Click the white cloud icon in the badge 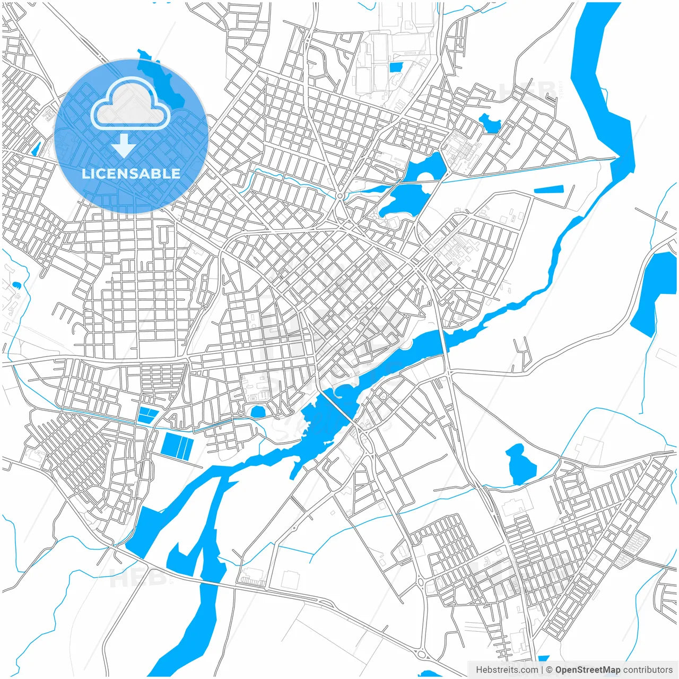[x=130, y=104]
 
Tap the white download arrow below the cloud [x=124, y=145]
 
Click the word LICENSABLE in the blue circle [x=130, y=173]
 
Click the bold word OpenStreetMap [x=587, y=670]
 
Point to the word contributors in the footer [x=648, y=670]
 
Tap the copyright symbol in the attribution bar [x=550, y=670]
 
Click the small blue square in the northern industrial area [x=396, y=67]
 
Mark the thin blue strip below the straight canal [x=548, y=189]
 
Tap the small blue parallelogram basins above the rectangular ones [x=147, y=414]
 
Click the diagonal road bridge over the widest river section [x=337, y=408]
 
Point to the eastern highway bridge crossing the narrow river [x=445, y=340]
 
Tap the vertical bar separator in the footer [x=542, y=670]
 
